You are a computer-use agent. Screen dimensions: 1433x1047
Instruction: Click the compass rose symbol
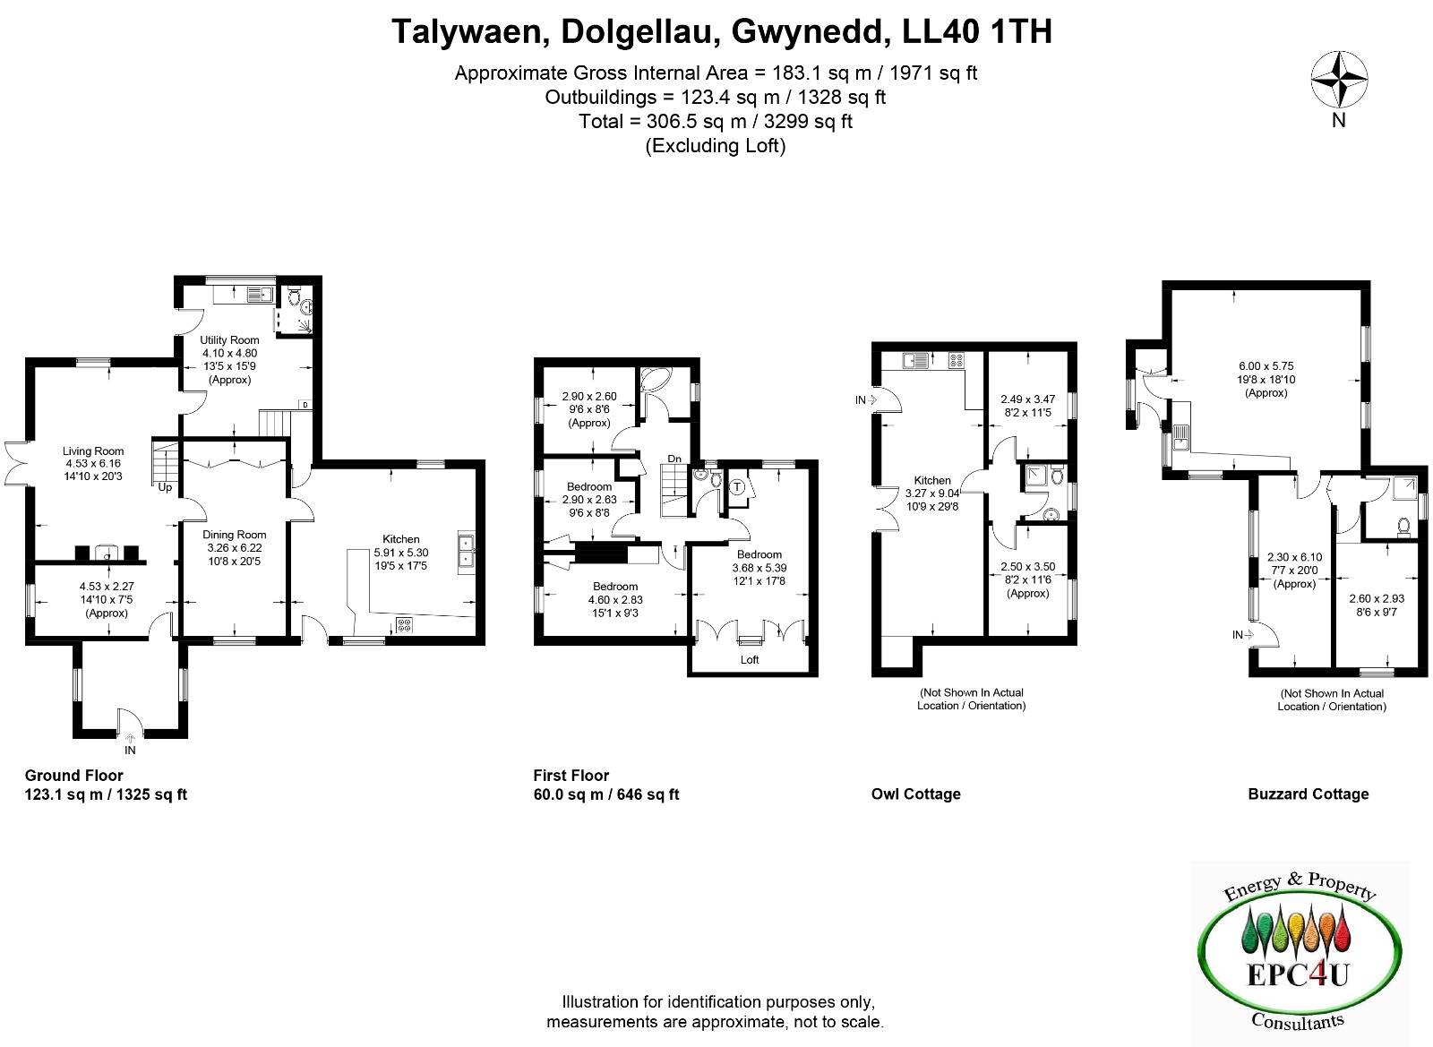pyautogui.click(x=1339, y=80)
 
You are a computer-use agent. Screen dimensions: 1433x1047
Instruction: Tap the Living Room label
pyautogui.click(x=93, y=451)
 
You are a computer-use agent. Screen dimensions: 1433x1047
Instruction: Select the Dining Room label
pyautogui.click(x=234, y=535)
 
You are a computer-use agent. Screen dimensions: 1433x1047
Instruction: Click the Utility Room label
pyautogui.click(x=229, y=340)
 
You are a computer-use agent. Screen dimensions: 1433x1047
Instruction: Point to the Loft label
pyautogui.click(x=750, y=659)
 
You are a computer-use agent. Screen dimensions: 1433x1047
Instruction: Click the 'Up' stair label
pyautogui.click(x=165, y=487)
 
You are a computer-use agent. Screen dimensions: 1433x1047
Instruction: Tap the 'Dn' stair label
pyautogui.click(x=674, y=459)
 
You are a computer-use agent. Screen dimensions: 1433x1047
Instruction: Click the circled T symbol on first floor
pyautogui.click(x=738, y=487)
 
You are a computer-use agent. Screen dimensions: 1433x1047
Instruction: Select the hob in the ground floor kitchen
pyautogui.click(x=404, y=623)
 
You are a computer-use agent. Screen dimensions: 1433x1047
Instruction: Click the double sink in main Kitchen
pyautogui.click(x=467, y=551)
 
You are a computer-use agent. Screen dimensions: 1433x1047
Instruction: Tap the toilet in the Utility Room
pyautogui.click(x=294, y=296)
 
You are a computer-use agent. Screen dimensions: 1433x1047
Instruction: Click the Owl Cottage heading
pyautogui.click(x=915, y=794)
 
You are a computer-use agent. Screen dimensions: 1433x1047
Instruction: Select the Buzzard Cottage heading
pyautogui.click(x=1309, y=794)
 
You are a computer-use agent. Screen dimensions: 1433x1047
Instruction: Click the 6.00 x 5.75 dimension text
pyautogui.click(x=1266, y=365)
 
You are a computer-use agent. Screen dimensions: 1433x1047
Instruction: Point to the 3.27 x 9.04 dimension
pyautogui.click(x=932, y=493)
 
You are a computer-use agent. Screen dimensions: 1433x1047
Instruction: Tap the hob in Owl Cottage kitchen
pyautogui.click(x=957, y=361)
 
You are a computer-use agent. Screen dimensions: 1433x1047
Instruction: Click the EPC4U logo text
pyautogui.click(x=1298, y=975)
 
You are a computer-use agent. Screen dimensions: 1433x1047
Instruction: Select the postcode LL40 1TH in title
pyautogui.click(x=976, y=31)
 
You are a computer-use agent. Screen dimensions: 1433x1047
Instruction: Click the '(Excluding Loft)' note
pyautogui.click(x=716, y=146)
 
